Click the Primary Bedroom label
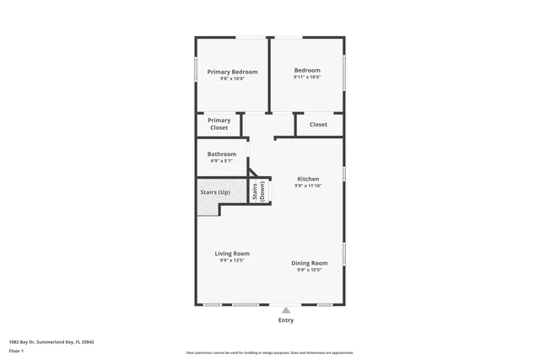point(232,72)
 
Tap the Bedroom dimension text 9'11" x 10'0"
point(307,78)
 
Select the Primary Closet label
point(219,124)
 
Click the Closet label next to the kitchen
point(318,125)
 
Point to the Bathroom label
point(222,154)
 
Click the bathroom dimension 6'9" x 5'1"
point(222,161)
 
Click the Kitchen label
point(308,179)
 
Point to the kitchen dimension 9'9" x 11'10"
point(308,185)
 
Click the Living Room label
point(232,253)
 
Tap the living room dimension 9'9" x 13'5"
point(232,261)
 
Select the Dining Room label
point(310,263)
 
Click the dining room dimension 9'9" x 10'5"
point(310,270)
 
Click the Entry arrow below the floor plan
point(286,309)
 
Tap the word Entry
point(286,320)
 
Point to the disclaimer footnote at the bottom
point(270,352)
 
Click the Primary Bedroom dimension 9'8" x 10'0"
point(232,78)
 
